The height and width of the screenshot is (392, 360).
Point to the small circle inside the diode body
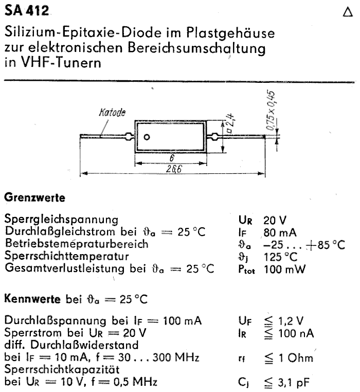coord(147,137)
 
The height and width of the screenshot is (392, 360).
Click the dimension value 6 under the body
coord(171,158)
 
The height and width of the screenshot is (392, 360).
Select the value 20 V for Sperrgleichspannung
coord(276,220)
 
